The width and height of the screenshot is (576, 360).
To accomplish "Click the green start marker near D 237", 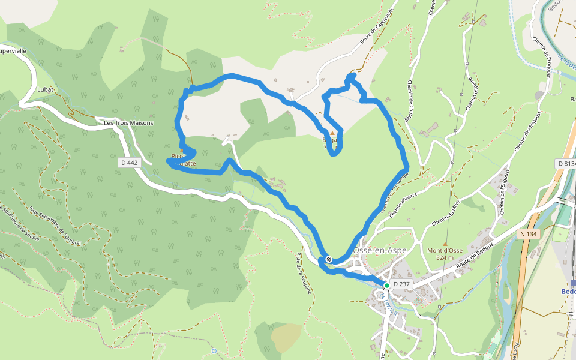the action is point(387,286).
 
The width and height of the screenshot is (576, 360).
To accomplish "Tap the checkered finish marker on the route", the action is point(329,259).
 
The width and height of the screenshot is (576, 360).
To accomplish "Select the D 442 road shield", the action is point(128,163).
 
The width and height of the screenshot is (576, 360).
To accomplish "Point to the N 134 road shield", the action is point(529,234).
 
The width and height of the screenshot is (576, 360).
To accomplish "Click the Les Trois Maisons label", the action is point(128,123).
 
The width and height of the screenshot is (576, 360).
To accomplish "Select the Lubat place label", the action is point(45,89).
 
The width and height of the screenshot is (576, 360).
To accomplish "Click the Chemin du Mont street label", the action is point(448,214).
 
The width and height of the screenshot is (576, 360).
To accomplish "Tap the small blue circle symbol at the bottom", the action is point(214,350).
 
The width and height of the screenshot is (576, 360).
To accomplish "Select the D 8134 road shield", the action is point(566,163).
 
